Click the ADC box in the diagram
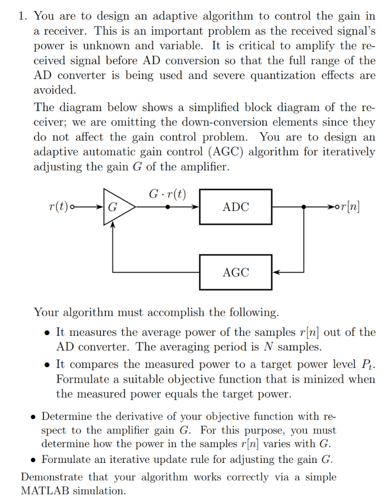(x=235, y=207)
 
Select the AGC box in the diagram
(x=235, y=272)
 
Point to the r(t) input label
(x=59, y=207)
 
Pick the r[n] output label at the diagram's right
(x=351, y=207)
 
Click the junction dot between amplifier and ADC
(x=168, y=207)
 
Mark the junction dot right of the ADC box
(x=304, y=207)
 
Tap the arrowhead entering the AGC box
(x=275, y=272)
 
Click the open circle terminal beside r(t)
(x=73, y=207)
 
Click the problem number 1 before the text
(x=22, y=16)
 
